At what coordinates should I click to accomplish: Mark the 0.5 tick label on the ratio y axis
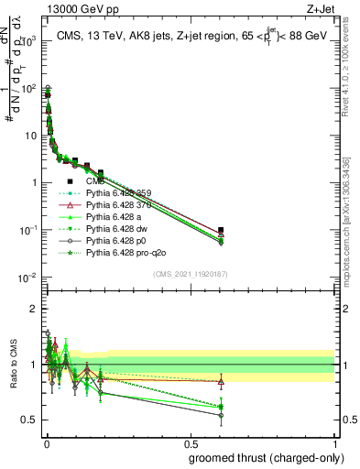[27, 420]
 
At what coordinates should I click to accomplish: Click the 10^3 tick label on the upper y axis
[27, 42]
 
